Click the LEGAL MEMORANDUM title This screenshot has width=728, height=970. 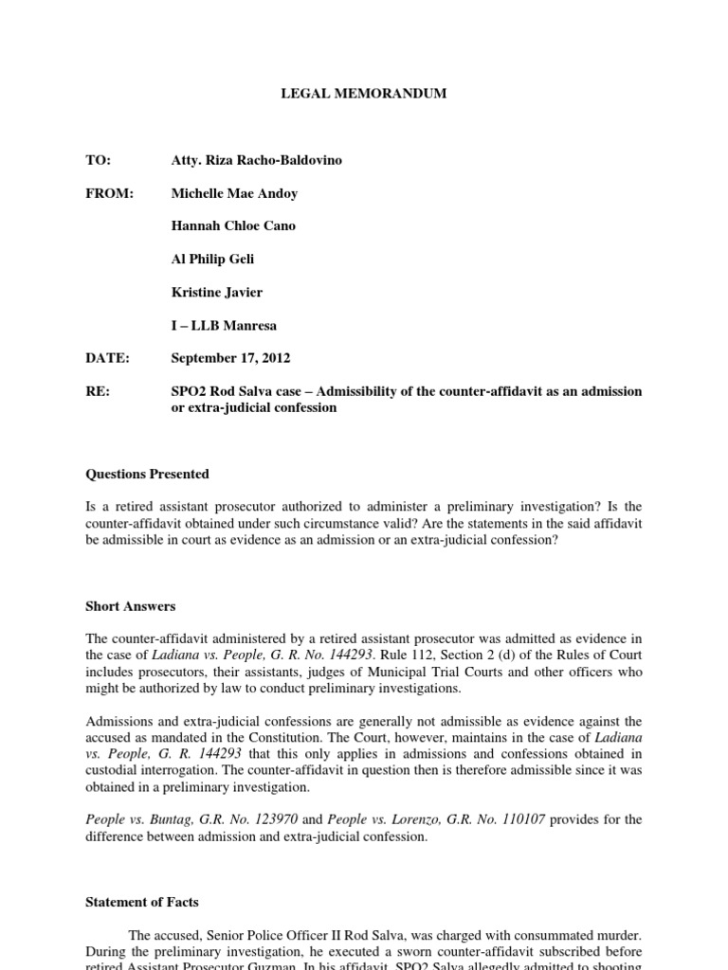point(363,94)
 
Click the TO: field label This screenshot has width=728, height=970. point(99,160)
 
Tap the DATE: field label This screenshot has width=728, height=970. point(107,358)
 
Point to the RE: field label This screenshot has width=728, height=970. point(98,391)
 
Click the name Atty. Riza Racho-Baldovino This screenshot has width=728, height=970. point(256,160)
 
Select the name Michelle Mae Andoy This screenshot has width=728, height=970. point(234,193)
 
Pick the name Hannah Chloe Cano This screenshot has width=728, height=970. point(232,226)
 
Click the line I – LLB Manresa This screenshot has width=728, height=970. point(225,326)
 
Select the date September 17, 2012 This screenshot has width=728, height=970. point(231,358)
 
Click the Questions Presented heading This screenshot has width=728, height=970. point(147,474)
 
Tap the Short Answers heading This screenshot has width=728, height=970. point(130,606)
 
